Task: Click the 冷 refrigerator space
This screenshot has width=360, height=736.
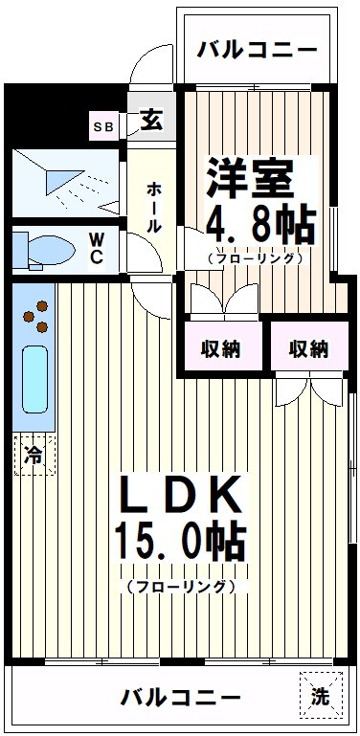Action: point(34,455)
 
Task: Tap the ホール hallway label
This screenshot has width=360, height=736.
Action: point(153,206)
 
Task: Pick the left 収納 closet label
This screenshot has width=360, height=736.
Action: point(220,348)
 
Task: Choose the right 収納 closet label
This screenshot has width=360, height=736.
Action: point(308,348)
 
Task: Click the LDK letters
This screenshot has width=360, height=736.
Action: point(180,498)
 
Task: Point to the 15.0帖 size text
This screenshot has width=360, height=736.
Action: point(180,546)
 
